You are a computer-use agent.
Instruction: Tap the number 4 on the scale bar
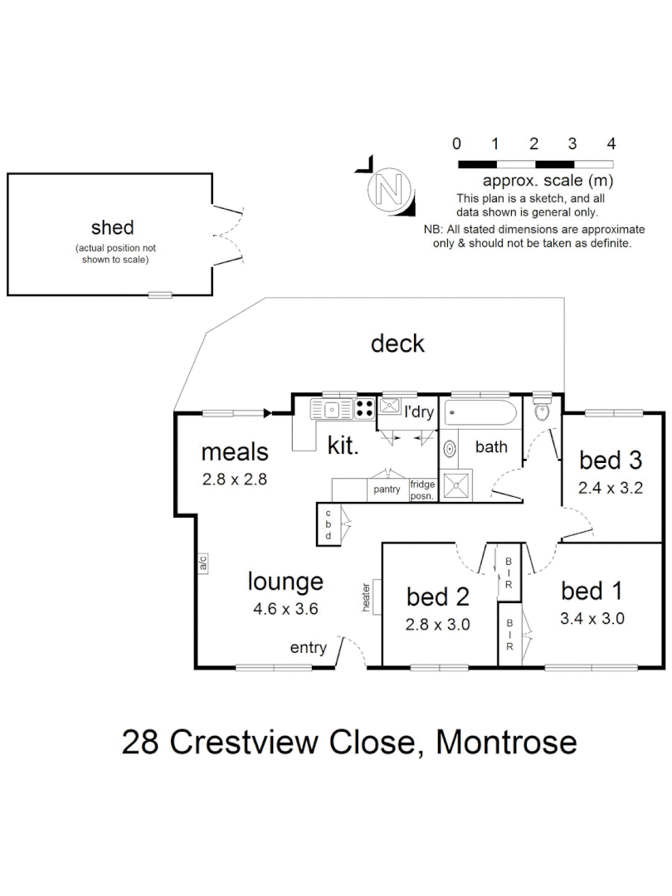click(611, 143)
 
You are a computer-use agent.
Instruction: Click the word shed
click(112, 227)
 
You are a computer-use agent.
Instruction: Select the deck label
click(397, 343)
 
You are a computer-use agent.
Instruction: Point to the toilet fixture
click(543, 410)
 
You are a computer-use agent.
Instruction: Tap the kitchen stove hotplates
click(363, 407)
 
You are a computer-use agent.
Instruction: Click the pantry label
click(387, 489)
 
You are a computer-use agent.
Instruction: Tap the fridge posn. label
click(422, 488)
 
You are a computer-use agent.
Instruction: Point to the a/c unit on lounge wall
click(202, 563)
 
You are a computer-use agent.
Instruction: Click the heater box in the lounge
click(375, 597)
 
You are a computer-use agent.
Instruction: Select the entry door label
click(308, 648)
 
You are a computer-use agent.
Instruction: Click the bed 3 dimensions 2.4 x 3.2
click(611, 488)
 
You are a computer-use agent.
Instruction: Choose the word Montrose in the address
click(506, 741)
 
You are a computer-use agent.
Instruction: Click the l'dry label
click(418, 412)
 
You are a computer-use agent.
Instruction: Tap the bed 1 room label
click(592, 591)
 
